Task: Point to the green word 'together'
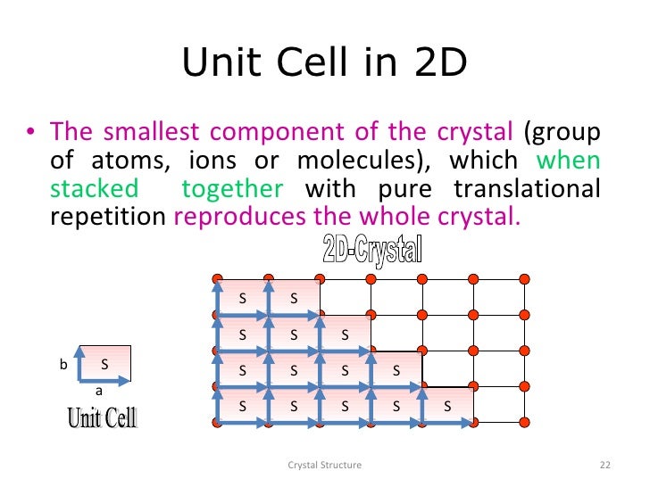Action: coord(232,189)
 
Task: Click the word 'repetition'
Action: coord(107,217)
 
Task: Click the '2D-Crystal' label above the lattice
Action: coord(371,249)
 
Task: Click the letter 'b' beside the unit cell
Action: coord(63,365)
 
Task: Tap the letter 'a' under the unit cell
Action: coord(99,391)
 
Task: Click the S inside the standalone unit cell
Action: coord(104,364)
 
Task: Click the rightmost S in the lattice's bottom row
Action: coord(447,406)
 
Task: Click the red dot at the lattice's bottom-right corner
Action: coord(525,422)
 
